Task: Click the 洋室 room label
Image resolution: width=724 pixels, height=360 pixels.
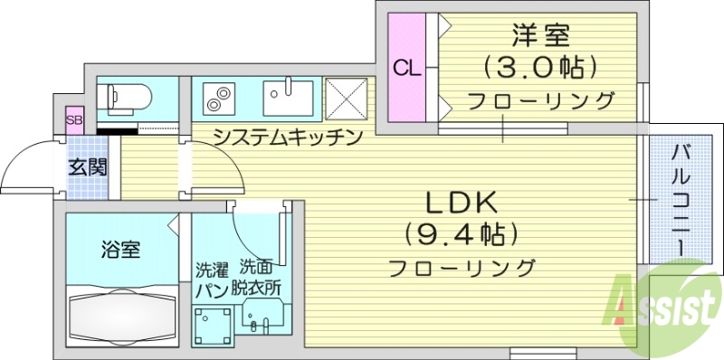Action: pos(540,36)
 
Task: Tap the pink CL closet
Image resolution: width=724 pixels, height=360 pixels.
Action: pos(405,68)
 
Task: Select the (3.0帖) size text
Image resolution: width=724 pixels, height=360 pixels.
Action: pos(540,68)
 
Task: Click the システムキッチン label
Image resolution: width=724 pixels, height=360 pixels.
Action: pos(288,137)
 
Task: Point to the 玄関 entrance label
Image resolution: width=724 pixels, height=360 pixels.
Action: pos(89,167)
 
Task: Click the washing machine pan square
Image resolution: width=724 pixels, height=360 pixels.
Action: pos(213,323)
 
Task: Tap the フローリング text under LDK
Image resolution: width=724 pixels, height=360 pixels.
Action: pos(462,268)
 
